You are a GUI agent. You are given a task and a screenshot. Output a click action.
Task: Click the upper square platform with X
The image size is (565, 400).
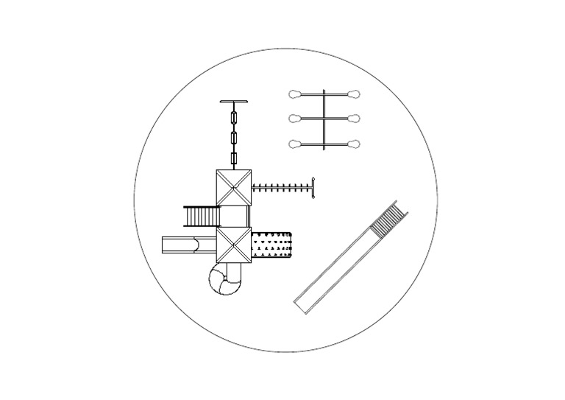click(234, 187)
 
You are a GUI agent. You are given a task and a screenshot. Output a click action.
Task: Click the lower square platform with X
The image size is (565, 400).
click(234, 244)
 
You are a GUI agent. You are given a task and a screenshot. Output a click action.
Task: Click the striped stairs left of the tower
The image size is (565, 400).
click(202, 217)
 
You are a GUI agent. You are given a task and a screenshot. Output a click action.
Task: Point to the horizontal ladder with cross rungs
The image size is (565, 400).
click(281, 188)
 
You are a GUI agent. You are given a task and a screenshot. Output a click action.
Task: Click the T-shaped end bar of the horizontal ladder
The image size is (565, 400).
click(313, 187)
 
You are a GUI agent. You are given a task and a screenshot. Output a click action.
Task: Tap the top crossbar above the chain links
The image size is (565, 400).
click(234, 102)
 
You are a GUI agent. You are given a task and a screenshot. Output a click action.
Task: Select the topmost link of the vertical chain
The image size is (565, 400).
click(234, 118)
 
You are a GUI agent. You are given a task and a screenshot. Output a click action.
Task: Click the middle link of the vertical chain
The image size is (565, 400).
click(234, 138)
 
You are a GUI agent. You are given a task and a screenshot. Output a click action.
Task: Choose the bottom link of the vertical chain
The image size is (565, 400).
click(234, 158)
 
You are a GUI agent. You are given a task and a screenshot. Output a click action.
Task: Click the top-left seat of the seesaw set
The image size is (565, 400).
click(295, 94)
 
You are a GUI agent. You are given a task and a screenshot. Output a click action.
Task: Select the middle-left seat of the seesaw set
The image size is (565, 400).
click(295, 119)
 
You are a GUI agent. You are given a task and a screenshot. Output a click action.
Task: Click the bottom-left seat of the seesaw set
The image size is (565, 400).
click(295, 144)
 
